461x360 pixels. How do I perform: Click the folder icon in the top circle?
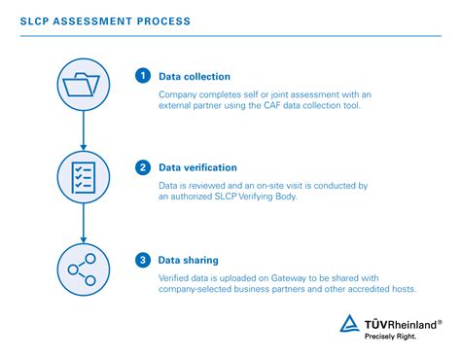pyautogui.click(x=83, y=86)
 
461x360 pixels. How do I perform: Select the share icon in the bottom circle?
pyautogui.click(x=83, y=270)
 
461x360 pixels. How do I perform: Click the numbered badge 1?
pyautogui.click(x=143, y=75)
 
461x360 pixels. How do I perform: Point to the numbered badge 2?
pyautogui.click(x=143, y=167)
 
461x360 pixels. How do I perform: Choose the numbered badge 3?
pyautogui.click(x=143, y=260)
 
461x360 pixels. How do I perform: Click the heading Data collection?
pyautogui.click(x=195, y=76)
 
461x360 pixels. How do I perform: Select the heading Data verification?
pyautogui.click(x=198, y=167)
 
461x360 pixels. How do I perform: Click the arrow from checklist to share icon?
pyautogui.click(x=83, y=224)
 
